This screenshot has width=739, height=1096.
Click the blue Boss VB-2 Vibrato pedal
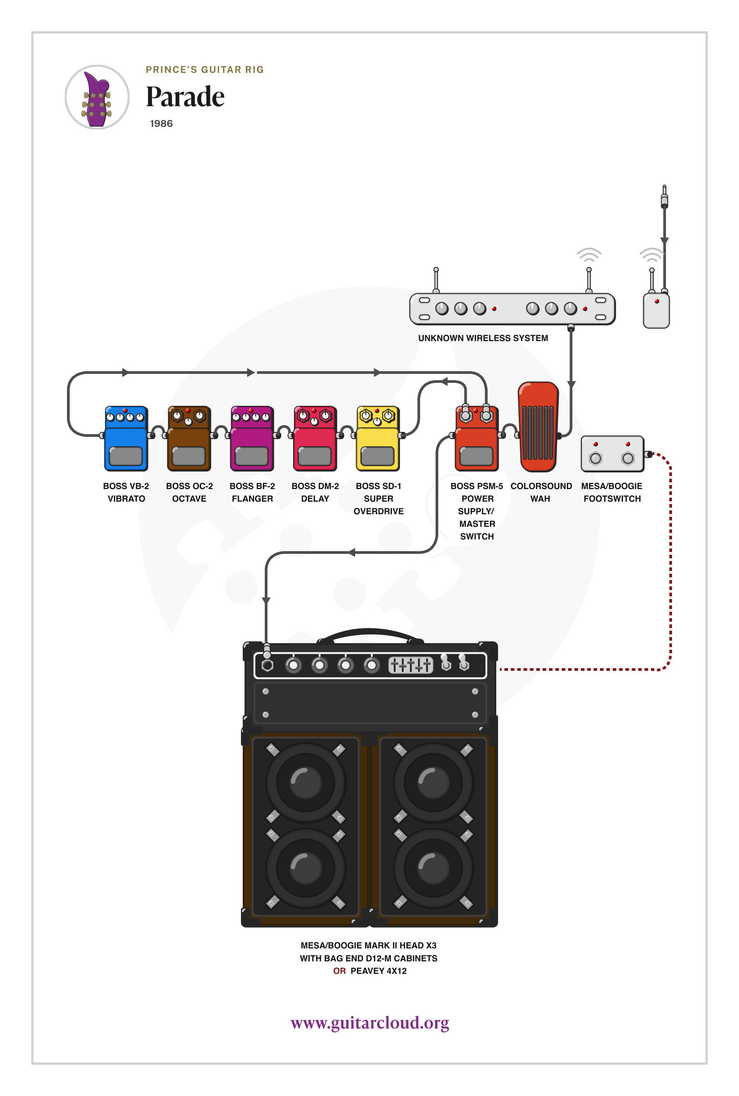(x=126, y=439)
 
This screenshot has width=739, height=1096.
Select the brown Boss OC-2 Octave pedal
(x=189, y=439)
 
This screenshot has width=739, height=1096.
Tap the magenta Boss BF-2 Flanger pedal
(x=252, y=439)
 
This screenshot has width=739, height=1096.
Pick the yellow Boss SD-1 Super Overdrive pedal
(x=378, y=439)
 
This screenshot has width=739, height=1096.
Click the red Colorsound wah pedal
(x=538, y=427)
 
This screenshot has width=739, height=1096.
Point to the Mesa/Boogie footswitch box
(x=612, y=454)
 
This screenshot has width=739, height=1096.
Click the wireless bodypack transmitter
(x=656, y=310)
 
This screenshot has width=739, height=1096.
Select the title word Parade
(x=185, y=97)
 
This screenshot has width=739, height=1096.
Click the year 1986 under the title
(x=161, y=124)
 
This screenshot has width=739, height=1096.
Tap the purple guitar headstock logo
(x=97, y=98)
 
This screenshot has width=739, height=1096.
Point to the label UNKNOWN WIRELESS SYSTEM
(x=483, y=338)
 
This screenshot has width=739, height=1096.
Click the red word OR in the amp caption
(x=339, y=971)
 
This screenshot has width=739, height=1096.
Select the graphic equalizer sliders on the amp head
(x=410, y=665)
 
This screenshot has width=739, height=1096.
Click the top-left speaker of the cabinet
(x=306, y=782)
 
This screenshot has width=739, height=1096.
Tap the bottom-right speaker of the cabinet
(x=433, y=868)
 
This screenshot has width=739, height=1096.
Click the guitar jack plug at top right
(x=664, y=197)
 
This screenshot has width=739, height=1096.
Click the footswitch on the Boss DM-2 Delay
(x=315, y=456)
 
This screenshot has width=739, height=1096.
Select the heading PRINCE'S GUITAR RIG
(x=205, y=70)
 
